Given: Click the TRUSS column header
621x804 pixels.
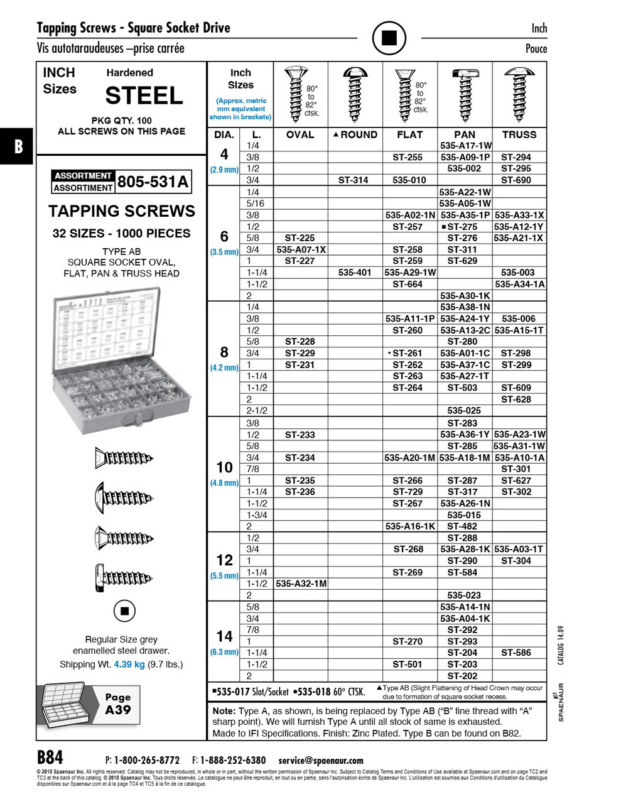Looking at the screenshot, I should tap(519, 134).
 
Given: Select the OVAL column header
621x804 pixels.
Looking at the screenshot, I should tap(300, 134).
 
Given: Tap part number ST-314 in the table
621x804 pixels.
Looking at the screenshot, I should tap(354, 180).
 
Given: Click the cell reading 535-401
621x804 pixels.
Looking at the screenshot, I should tap(355, 273).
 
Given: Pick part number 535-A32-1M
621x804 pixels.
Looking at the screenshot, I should tap(301, 584).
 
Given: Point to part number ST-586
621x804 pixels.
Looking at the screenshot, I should tap(516, 653).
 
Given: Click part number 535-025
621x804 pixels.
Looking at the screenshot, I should tap(464, 411).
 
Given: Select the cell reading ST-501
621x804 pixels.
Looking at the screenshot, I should tap(408, 664).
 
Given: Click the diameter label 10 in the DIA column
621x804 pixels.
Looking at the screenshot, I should tap(224, 467).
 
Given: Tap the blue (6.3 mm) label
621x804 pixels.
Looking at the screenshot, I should tap(224, 652).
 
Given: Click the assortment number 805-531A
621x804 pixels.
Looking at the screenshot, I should tap(153, 182).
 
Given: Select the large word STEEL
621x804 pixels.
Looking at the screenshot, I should tap(144, 95).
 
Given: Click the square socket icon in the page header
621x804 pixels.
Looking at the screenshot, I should tap(389, 38).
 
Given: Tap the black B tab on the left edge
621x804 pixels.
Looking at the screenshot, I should tap(18, 147).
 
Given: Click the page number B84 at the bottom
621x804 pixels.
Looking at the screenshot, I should tap(50, 756).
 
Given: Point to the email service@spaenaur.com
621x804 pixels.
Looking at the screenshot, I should tap(321, 760).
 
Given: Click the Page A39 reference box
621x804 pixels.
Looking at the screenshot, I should tap(118, 703).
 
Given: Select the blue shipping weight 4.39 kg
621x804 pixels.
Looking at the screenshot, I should tap(129, 665).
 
